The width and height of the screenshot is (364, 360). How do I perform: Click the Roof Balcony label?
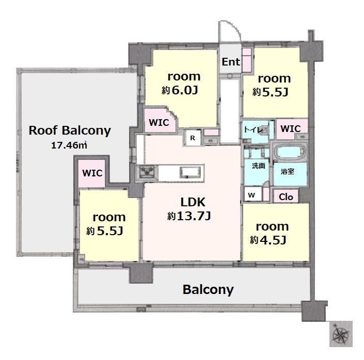[x=70, y=131]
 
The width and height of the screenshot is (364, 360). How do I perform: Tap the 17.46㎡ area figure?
[x=69, y=145]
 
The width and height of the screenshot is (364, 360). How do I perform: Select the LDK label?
[x=193, y=202]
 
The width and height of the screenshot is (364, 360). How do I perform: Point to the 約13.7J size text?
[x=189, y=216]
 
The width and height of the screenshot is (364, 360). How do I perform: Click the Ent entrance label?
[x=231, y=62]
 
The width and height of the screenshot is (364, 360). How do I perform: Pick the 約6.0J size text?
[x=180, y=90]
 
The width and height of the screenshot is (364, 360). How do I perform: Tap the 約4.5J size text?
[x=268, y=240]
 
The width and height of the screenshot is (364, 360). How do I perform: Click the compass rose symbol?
[x=341, y=334]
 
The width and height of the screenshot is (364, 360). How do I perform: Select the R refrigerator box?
[x=193, y=138]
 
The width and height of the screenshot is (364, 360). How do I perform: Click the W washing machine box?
[x=251, y=195]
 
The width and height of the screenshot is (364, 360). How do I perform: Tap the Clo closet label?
[x=286, y=197]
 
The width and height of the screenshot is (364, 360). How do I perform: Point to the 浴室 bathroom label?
[x=288, y=171]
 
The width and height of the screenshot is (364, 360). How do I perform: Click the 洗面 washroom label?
[x=258, y=166]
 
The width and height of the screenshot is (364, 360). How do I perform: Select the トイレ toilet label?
[x=254, y=129]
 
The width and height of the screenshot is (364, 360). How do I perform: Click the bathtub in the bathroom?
[x=290, y=152]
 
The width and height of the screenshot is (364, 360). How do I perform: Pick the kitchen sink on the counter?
[x=191, y=172]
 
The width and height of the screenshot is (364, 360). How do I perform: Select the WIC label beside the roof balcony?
[x=92, y=173]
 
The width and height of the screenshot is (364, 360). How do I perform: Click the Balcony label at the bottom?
[x=208, y=290]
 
